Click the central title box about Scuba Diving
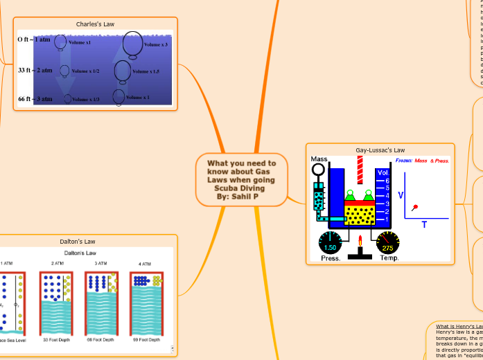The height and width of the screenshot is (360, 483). click(x=241, y=180)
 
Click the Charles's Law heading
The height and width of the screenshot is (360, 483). click(x=95, y=24)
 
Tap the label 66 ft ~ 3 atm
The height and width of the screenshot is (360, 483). click(x=35, y=99)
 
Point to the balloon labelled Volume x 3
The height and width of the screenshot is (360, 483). click(x=133, y=46)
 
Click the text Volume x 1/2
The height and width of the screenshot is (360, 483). click(x=85, y=71)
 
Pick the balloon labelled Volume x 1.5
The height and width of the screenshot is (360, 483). click(x=122, y=71)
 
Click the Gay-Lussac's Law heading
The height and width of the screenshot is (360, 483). click(x=380, y=150)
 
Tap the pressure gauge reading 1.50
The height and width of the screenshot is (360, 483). click(x=330, y=244)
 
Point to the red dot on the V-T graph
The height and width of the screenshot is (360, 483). click(x=416, y=207)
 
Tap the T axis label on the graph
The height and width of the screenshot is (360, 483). click(x=424, y=224)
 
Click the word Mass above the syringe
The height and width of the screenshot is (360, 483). click(x=319, y=159)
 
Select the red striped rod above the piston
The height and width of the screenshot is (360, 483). click(x=360, y=170)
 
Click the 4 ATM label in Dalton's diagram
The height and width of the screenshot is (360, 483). click(x=144, y=264)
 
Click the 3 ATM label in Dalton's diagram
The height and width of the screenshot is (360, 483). click(x=100, y=264)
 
